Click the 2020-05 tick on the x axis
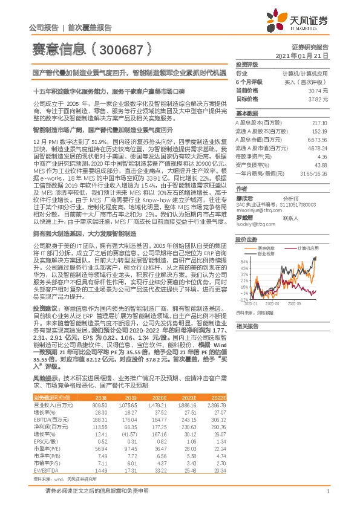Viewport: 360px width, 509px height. (267, 303)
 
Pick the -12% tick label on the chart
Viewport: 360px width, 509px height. (241, 299)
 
